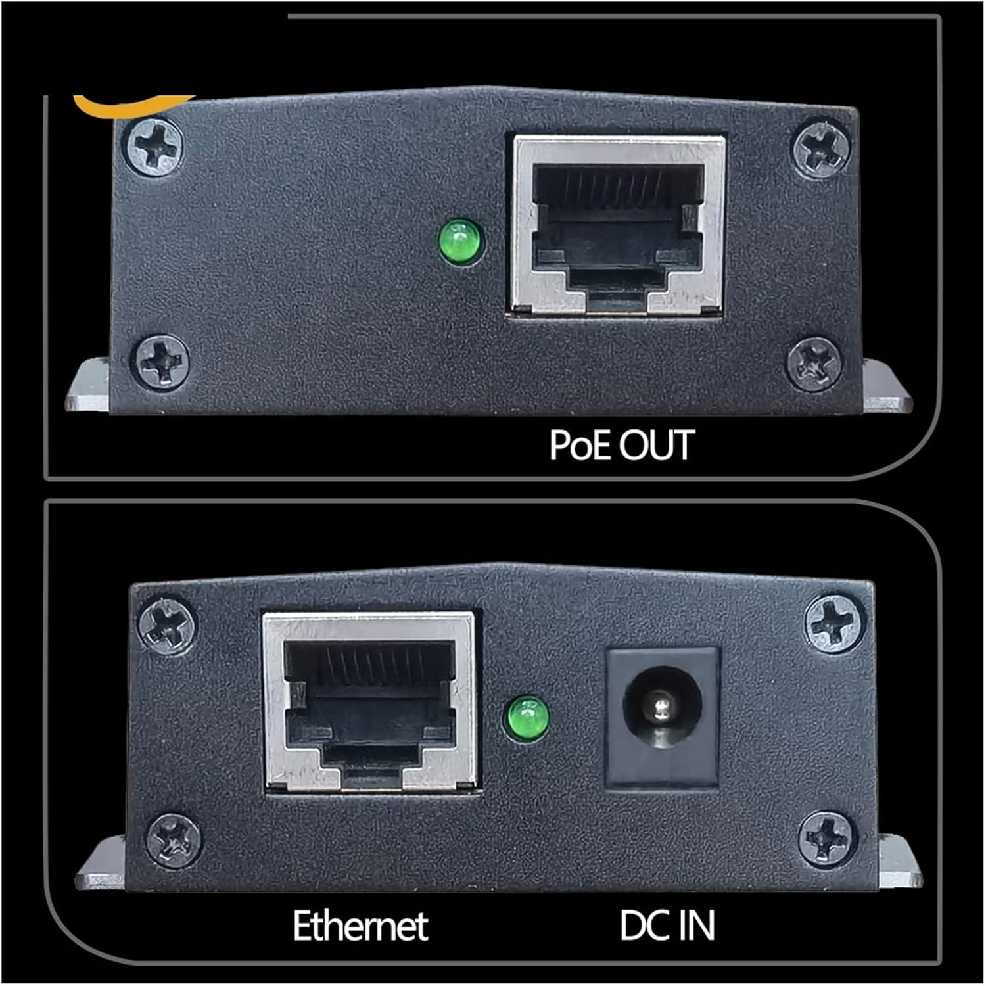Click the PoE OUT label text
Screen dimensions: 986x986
tap(621, 445)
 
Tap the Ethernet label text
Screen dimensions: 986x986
tap(360, 926)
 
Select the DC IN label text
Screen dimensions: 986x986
tap(667, 926)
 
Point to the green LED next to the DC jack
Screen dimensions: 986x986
tap(527, 718)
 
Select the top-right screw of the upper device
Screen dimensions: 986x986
tap(820, 149)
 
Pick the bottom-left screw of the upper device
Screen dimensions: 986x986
tap(162, 361)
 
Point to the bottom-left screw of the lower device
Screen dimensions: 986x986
tap(174, 841)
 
